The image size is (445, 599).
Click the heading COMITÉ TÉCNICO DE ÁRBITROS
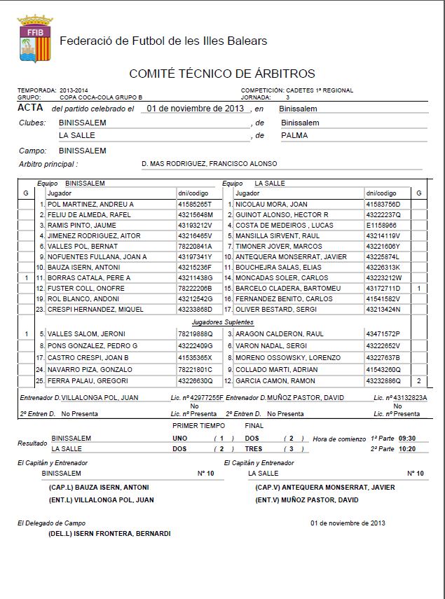[x=222, y=74]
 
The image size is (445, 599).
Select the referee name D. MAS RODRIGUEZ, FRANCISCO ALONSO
[x=209, y=164]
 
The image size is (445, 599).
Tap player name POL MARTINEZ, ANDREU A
[x=90, y=204]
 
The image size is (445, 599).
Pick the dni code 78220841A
[x=195, y=247]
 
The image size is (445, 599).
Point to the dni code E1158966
[x=381, y=225]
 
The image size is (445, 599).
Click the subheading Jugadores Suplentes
[x=222, y=321]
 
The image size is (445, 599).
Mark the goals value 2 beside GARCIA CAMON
[x=418, y=380]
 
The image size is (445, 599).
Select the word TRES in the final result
[x=253, y=448]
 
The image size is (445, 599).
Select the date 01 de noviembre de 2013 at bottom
[x=348, y=523]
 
